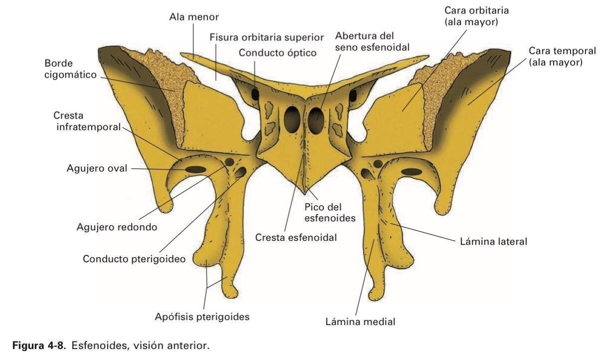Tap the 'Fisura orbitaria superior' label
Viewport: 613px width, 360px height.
tap(267, 37)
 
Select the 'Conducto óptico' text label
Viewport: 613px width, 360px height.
tap(277, 52)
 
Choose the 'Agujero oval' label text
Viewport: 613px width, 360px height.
tap(97, 169)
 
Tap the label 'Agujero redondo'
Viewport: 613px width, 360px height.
tap(117, 227)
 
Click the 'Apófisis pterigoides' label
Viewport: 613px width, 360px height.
tap(202, 317)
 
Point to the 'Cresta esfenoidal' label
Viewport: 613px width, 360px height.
tap(296, 238)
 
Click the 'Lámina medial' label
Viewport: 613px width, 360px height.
tap(360, 322)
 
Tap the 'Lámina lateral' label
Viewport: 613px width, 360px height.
tap(493, 241)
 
